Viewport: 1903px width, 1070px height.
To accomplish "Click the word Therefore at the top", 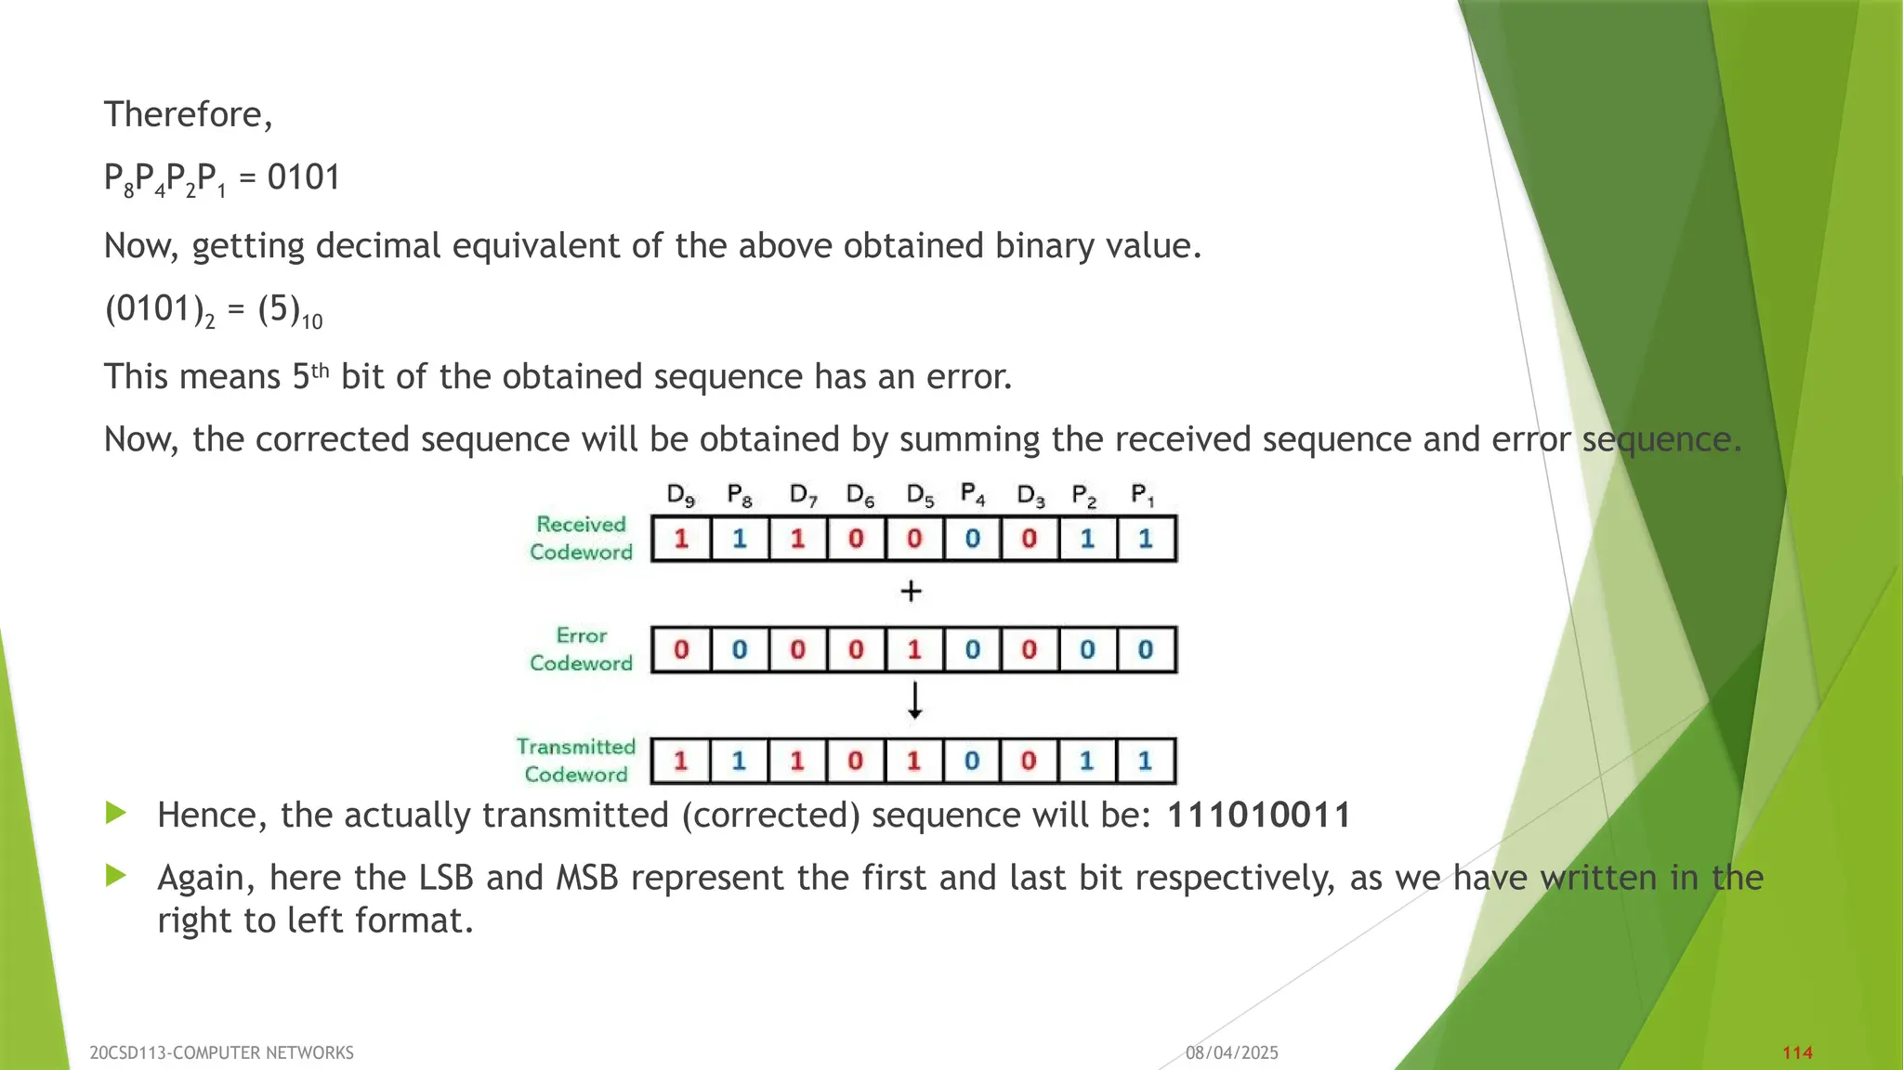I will tap(187, 114).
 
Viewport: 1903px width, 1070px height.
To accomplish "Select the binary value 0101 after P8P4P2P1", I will tap(304, 176).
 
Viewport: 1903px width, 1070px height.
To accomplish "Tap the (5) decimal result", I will tap(278, 308).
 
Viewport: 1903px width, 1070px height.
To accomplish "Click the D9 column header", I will tap(681, 495).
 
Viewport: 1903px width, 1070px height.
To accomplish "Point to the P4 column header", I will tap(973, 495).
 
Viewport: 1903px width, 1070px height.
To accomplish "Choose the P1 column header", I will tap(1143, 495).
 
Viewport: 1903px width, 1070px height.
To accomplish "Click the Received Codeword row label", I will tap(581, 538).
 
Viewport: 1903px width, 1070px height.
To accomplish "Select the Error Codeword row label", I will tap(581, 649).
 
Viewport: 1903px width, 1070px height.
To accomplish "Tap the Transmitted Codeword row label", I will tap(576, 761).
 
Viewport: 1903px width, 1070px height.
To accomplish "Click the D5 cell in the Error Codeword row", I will tap(914, 649).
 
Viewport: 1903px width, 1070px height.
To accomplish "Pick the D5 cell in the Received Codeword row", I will tap(914, 539).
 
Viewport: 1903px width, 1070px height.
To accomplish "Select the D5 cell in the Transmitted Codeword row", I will tap(914, 761).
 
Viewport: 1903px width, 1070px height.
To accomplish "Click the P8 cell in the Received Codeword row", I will tap(740, 539).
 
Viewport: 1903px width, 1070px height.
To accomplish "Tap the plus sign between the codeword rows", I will tap(912, 591).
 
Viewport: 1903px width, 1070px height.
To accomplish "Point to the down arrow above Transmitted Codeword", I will tap(915, 700).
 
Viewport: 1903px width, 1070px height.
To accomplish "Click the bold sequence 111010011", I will tap(1258, 816).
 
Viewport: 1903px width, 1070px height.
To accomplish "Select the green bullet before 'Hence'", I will tap(116, 814).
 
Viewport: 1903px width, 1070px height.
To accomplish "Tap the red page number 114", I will tap(1797, 1052).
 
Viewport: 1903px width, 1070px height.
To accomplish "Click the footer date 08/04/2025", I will tap(1231, 1052).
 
